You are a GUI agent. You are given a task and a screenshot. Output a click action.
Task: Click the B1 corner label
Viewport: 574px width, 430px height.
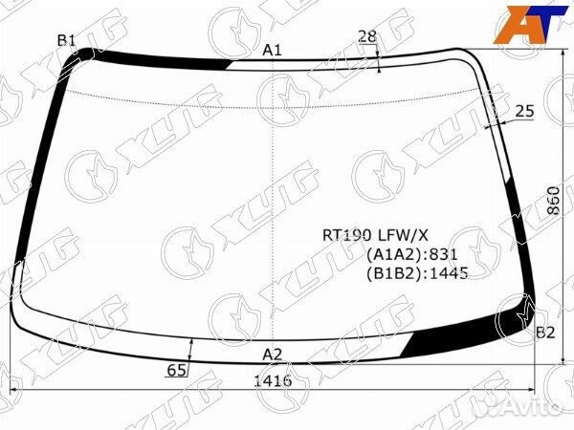(66, 40)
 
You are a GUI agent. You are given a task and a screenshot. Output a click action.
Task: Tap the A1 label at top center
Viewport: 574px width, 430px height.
(273, 50)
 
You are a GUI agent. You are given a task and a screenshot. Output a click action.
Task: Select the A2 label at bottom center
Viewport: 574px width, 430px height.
(273, 355)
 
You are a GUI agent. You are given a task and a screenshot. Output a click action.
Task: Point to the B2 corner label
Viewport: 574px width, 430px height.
(545, 333)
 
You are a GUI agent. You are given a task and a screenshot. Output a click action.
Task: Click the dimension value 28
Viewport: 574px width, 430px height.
(367, 36)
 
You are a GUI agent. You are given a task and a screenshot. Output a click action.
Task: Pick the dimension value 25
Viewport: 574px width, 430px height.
(525, 111)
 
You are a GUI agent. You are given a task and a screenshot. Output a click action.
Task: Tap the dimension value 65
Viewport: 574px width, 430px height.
(176, 371)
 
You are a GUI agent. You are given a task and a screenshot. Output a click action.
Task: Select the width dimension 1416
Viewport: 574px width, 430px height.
(273, 381)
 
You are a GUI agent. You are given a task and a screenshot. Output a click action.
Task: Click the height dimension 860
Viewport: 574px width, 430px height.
(554, 201)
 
